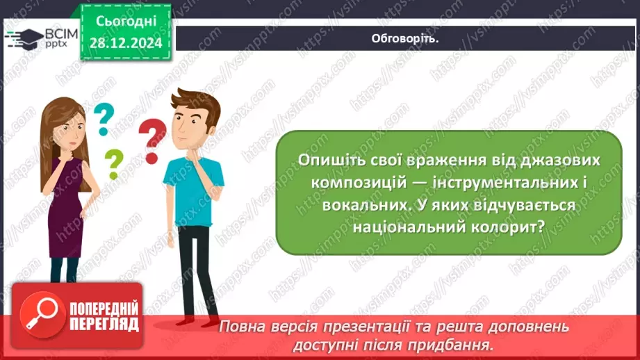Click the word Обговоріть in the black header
406,38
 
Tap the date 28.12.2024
126,43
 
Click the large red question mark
152,140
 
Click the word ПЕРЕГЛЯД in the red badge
104,324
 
